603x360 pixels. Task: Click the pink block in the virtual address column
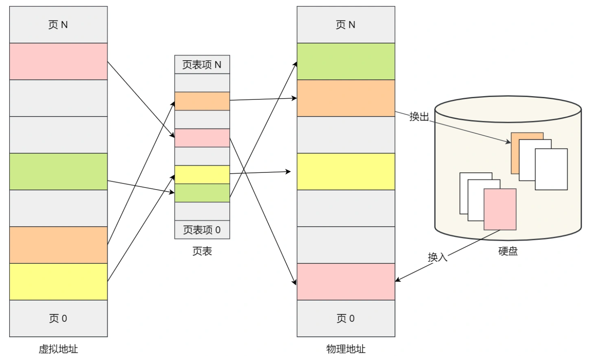[58, 61]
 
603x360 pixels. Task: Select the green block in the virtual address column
[58, 172]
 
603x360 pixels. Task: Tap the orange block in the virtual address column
[58, 245]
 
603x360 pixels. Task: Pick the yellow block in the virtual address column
[58, 282]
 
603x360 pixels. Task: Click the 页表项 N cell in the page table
[202, 65]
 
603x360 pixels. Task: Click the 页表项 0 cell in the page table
[202, 230]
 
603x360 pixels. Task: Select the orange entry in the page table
[202, 101]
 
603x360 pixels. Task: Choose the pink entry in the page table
[202, 138]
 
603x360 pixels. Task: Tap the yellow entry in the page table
[202, 175]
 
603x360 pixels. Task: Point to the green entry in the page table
[202, 193]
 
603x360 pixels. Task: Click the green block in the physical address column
[346, 61]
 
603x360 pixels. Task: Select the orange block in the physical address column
[346, 98]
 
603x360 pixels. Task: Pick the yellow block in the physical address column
[346, 172]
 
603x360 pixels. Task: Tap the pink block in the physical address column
[346, 282]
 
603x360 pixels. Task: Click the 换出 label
[419, 117]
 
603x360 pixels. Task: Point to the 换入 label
[437, 257]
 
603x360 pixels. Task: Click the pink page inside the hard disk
[500, 210]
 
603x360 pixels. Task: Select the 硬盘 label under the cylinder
[508, 251]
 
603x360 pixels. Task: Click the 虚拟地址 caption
[58, 349]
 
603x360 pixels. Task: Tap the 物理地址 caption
[346, 349]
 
